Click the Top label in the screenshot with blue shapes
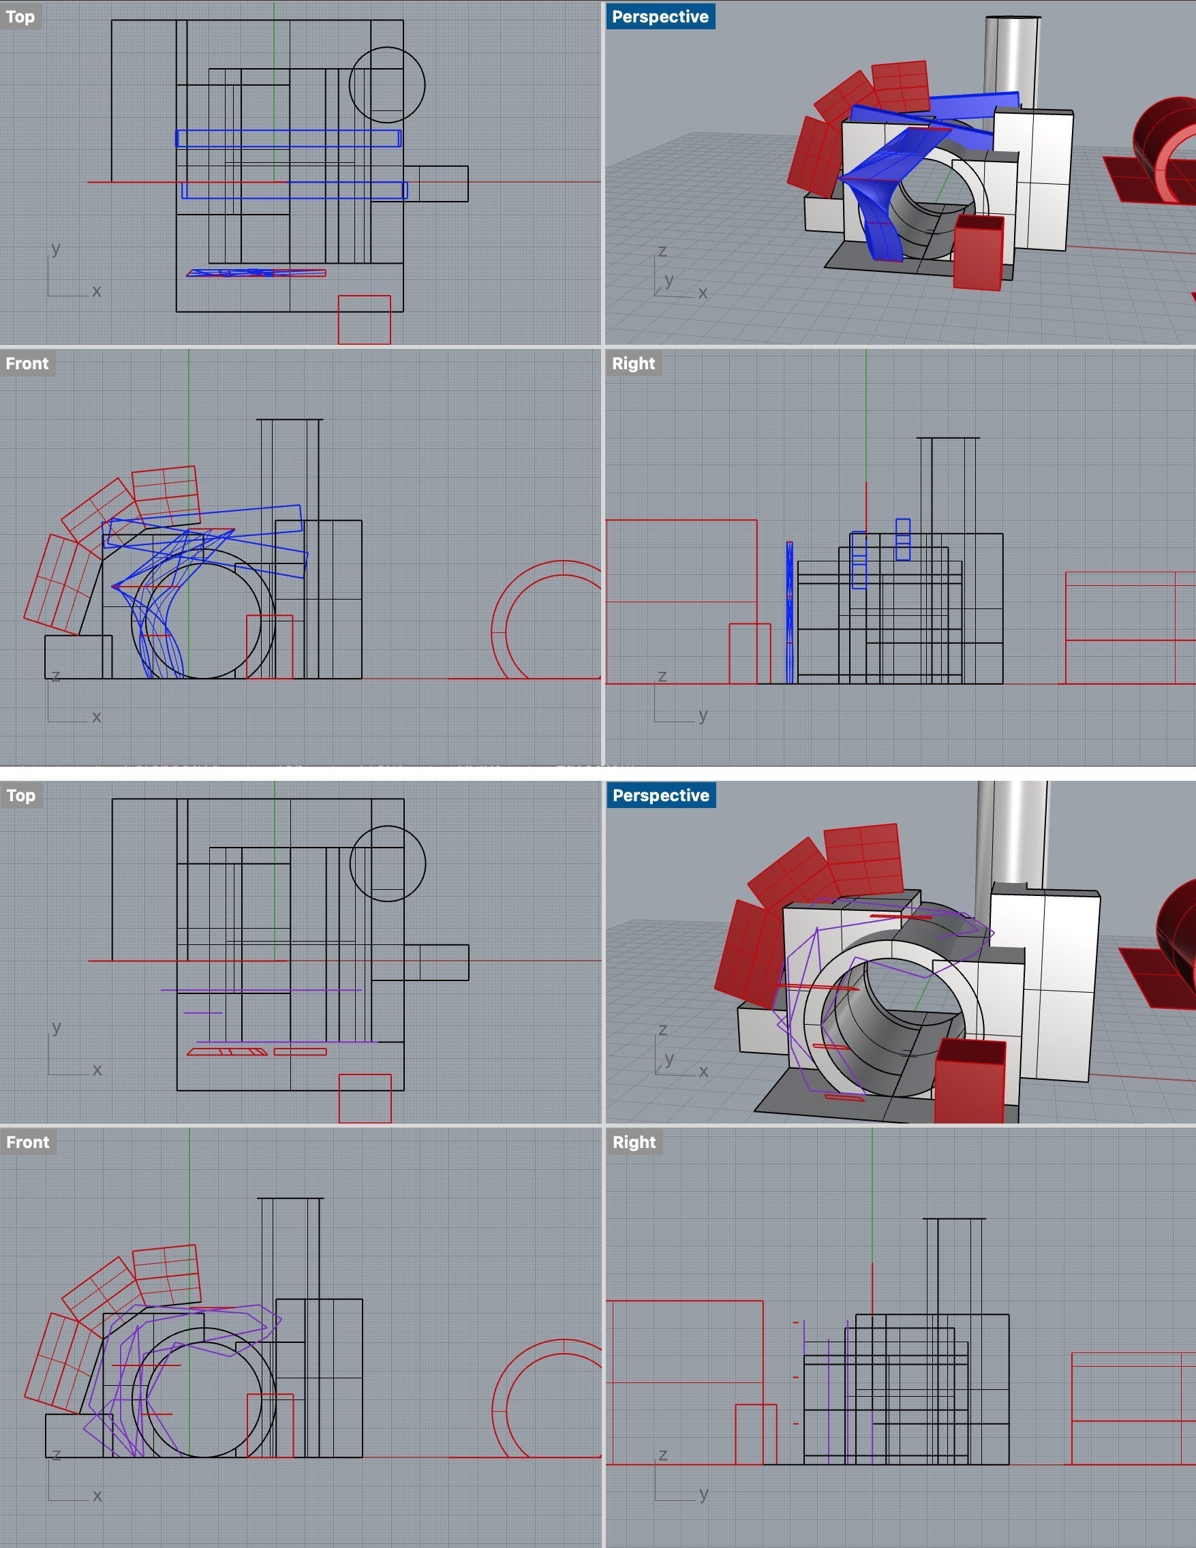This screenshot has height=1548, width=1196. [x=20, y=16]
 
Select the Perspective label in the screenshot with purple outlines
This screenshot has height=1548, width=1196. [x=661, y=795]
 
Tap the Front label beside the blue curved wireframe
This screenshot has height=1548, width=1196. [x=27, y=364]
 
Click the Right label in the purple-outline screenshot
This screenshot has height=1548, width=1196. [x=634, y=1143]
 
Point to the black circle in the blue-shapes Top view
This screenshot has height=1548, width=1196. [x=387, y=48]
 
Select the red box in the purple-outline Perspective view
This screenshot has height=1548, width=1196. [x=970, y=1080]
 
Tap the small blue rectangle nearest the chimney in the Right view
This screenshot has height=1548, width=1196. [x=902, y=540]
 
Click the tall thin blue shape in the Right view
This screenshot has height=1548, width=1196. [x=789, y=613]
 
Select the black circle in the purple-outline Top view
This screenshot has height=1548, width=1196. [x=388, y=827]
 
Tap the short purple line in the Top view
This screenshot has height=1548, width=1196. [x=203, y=1013]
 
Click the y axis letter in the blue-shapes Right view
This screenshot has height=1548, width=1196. [x=703, y=714]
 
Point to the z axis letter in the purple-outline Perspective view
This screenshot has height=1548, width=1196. [x=662, y=1030]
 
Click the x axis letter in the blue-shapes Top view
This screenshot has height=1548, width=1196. [x=96, y=291]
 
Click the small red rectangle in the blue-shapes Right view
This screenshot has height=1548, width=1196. [x=750, y=653]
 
